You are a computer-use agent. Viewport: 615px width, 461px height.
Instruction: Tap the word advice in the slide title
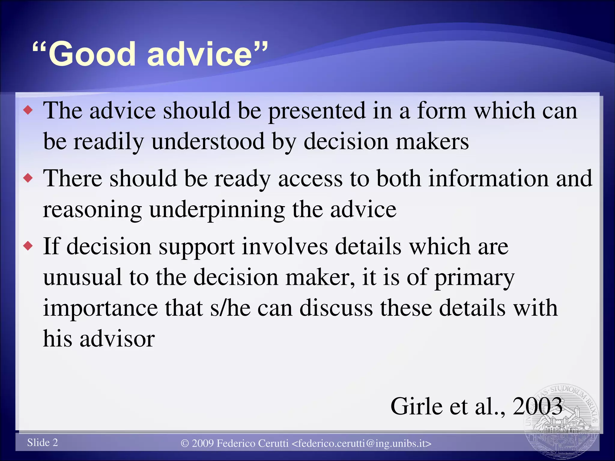point(199,54)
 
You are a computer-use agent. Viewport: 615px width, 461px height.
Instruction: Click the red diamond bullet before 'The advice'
point(28,110)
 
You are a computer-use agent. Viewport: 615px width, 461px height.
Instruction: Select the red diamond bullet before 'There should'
point(28,178)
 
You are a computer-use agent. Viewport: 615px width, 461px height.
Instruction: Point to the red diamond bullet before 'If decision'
point(28,246)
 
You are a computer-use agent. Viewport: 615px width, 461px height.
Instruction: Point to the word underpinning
point(217,210)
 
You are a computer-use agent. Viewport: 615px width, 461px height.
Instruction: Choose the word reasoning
point(92,210)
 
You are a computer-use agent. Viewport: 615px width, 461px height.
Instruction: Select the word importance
point(100,308)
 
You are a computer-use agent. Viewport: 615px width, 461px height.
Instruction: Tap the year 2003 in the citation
point(538,406)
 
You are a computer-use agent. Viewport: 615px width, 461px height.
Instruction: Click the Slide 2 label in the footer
point(42,443)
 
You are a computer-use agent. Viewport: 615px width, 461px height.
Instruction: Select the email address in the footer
point(362,443)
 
